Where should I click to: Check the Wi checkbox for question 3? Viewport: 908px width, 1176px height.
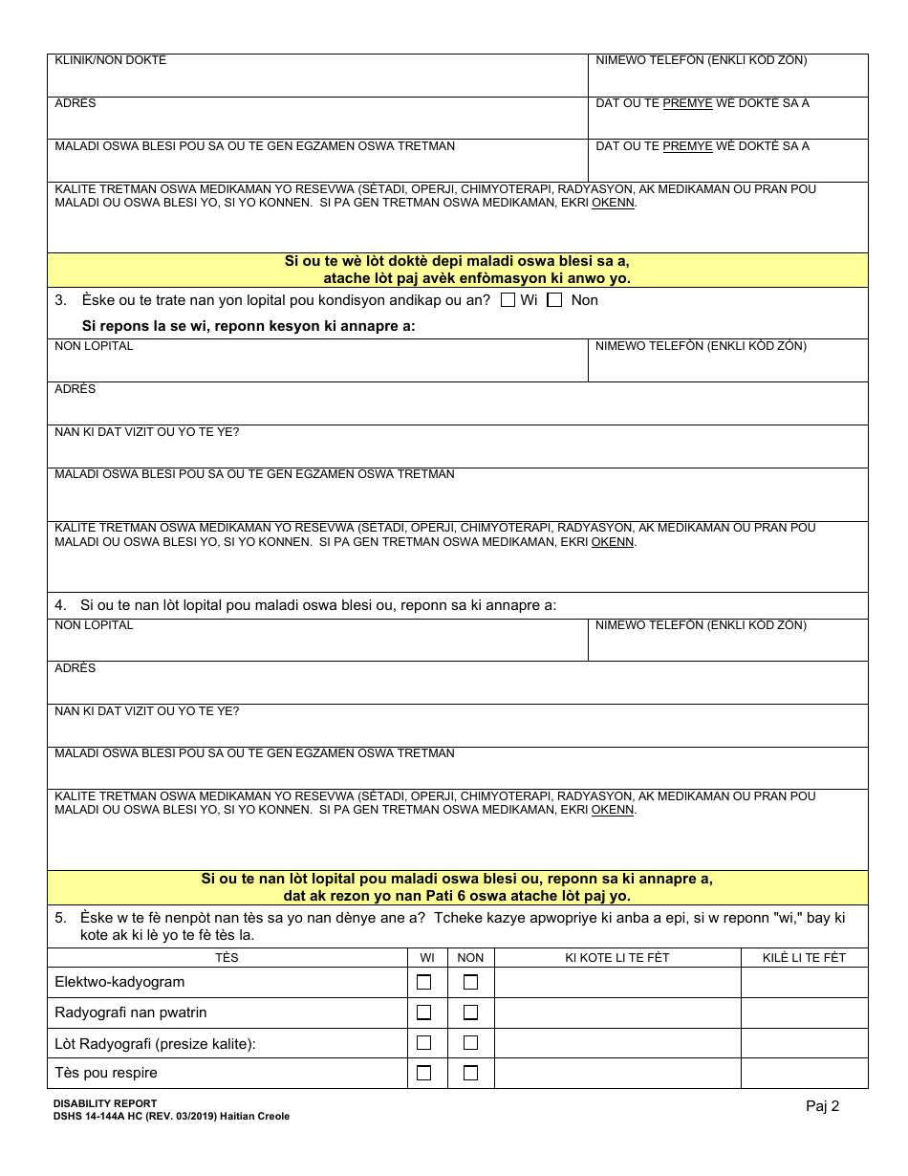508,300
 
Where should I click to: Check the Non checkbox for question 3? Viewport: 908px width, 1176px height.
554,300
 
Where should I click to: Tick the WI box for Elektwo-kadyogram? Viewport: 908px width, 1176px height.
423,982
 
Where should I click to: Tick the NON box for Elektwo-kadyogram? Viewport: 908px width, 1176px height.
470,982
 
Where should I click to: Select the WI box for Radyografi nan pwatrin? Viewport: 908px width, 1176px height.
423,1013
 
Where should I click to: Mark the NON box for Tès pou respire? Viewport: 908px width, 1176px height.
470,1073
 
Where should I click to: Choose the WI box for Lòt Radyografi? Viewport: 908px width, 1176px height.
423,1043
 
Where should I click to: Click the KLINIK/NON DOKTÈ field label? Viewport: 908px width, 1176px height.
111,61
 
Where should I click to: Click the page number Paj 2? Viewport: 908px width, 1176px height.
822,1106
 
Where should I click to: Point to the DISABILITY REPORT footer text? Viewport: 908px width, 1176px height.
105,1103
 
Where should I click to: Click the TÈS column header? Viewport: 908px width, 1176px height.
227,958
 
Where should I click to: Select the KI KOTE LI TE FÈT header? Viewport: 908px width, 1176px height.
617,958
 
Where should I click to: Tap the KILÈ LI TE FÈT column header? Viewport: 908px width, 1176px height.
804,958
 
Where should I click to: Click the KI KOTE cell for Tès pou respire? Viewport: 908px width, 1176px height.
617,1073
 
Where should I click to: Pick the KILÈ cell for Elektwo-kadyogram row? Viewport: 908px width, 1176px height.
804,982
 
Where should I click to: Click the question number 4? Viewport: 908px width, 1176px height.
60,605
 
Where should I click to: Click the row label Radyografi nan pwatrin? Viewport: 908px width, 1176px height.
131,1013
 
